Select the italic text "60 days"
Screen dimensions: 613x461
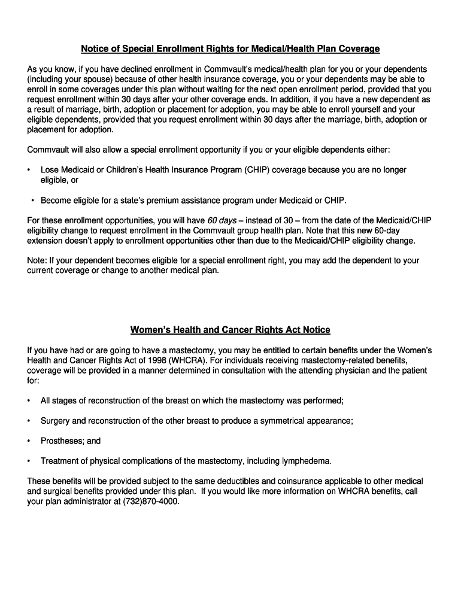tap(222, 220)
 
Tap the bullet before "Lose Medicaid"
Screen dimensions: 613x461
tap(28, 170)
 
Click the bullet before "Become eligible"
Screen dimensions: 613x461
tap(32, 200)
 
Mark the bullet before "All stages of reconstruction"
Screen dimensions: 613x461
tap(28, 400)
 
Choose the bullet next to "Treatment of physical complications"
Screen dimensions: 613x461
tap(28, 461)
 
